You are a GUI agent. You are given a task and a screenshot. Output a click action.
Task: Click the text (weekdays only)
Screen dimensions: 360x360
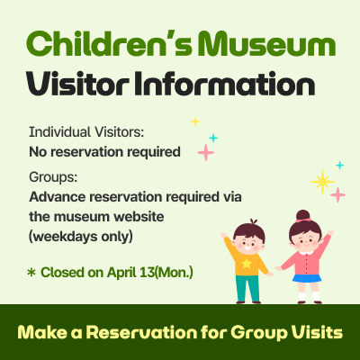coord(81,237)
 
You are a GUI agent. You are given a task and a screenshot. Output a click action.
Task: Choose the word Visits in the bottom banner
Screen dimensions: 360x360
coord(316,332)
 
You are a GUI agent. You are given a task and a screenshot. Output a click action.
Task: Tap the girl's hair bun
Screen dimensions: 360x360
coord(303,216)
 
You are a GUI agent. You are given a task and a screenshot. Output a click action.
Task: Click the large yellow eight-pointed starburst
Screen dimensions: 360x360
coord(321,181)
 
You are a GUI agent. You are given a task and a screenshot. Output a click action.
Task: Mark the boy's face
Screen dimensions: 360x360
coord(249,241)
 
